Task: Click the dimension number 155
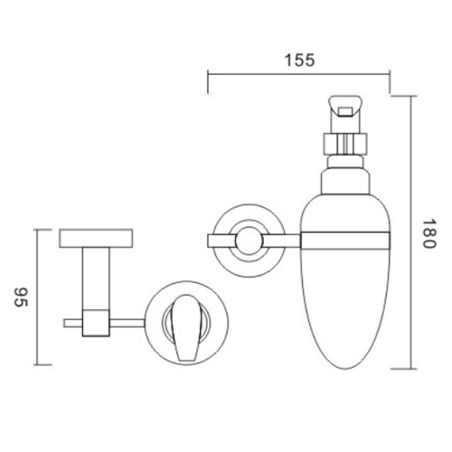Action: tap(298, 61)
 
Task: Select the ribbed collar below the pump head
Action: tap(346, 144)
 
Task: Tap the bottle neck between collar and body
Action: tap(346, 164)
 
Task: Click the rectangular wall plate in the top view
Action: tap(97, 239)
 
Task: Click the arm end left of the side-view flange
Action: tap(218, 239)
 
